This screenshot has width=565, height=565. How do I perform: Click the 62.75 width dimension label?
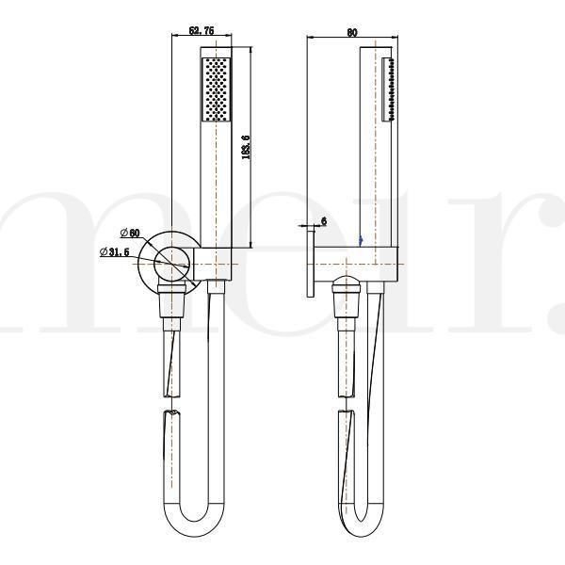202,31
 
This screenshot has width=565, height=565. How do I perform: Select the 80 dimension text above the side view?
351,31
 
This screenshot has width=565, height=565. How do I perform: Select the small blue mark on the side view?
361,241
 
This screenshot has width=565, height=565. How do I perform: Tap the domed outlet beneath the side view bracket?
348,282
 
